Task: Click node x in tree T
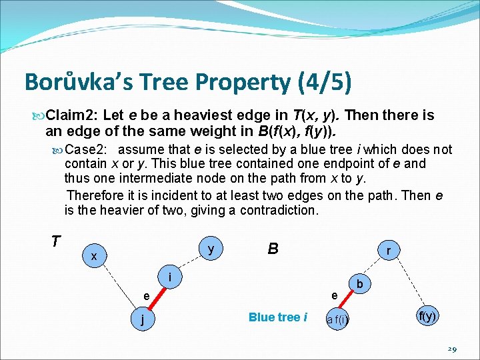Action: point(94,256)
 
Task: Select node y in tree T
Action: point(211,249)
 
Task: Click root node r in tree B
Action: point(388,250)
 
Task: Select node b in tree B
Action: point(359,283)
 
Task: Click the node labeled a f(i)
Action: point(337,320)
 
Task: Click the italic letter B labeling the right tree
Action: point(273,249)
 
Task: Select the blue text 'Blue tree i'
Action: point(277,317)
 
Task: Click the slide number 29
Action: point(451,349)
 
